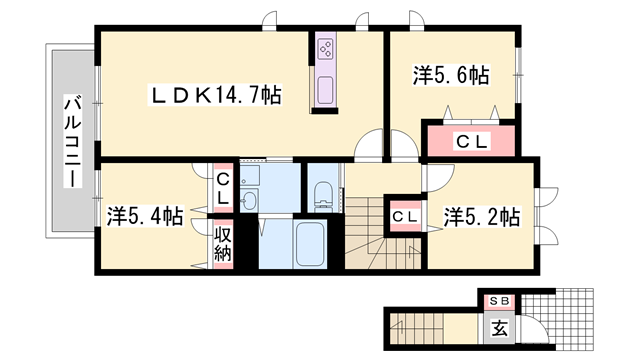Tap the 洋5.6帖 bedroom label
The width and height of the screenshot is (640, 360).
click(x=451, y=75)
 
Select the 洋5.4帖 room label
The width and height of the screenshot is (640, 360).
click(x=145, y=215)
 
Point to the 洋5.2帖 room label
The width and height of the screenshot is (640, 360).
click(x=482, y=215)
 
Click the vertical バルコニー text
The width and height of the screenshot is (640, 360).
click(x=72, y=140)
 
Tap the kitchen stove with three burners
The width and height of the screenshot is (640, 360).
click(x=327, y=47)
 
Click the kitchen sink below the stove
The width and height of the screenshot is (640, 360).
click(x=327, y=91)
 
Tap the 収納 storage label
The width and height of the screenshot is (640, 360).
click(x=222, y=244)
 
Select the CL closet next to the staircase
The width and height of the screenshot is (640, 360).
click(x=404, y=216)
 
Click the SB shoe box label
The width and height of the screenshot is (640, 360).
click(x=497, y=300)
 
